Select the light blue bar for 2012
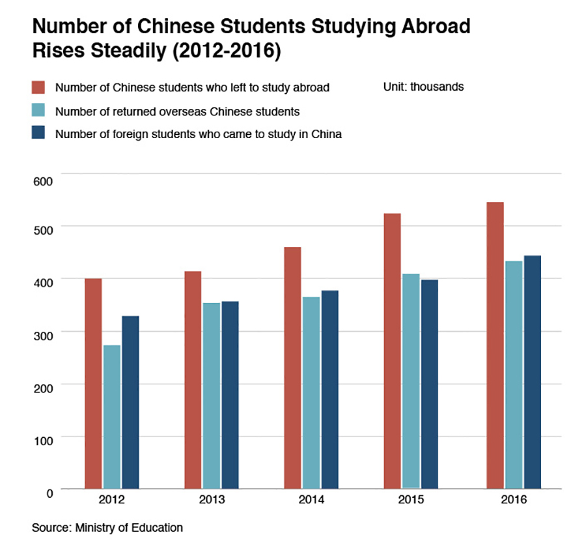click(112, 416)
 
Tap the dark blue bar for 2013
click(230, 394)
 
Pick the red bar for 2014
click(292, 368)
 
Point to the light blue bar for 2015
click(410, 381)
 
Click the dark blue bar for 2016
click(533, 371)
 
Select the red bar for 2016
click(495, 345)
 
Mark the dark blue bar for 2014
click(330, 389)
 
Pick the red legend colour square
click(38, 88)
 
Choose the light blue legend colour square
click(38, 111)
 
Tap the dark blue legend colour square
click(38, 134)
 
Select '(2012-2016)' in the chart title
click(221, 51)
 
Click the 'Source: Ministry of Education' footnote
click(107, 528)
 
